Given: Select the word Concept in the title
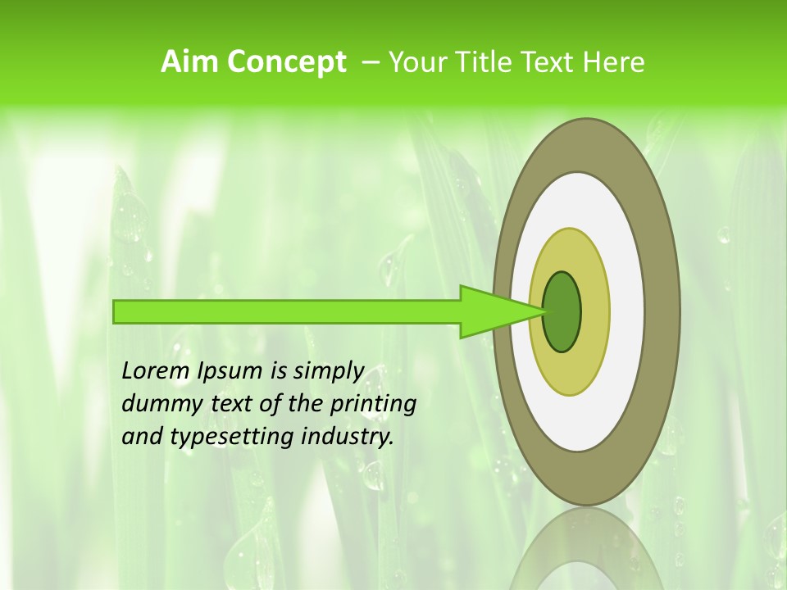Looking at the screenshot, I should [286, 62].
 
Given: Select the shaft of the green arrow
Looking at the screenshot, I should [287, 311].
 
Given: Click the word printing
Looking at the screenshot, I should [372, 405].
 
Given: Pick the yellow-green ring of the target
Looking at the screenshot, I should [594, 361].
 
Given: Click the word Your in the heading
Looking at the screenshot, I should [416, 62].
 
